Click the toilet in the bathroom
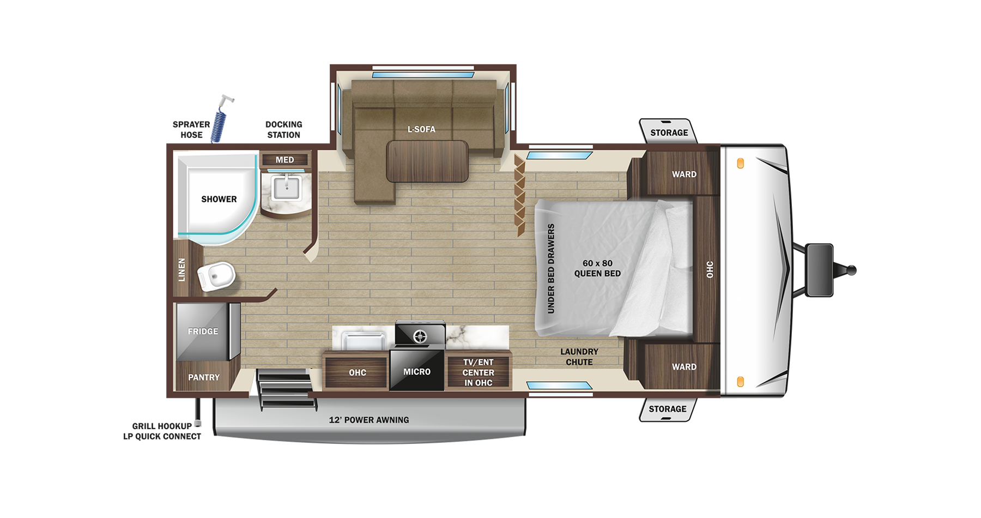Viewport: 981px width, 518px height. [x=216, y=276]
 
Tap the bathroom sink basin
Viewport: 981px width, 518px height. [x=286, y=188]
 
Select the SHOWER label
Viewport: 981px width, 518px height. [x=219, y=199]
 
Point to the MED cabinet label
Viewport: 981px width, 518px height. [x=284, y=160]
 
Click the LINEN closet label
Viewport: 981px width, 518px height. [x=182, y=270]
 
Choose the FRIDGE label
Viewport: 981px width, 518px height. [x=203, y=331]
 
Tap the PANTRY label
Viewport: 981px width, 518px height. [x=204, y=377]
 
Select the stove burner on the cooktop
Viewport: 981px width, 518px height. [x=420, y=336]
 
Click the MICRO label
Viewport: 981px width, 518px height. [x=417, y=372]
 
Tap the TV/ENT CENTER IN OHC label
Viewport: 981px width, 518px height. [x=479, y=372]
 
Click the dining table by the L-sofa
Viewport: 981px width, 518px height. [x=427, y=161]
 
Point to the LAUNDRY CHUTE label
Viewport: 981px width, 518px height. [x=579, y=357]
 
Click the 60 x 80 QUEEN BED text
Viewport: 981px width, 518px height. [x=597, y=268]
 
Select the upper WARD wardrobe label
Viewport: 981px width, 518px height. [x=684, y=174]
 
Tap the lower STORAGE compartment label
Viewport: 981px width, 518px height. [x=668, y=409]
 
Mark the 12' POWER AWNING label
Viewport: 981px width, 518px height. [x=369, y=420]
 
